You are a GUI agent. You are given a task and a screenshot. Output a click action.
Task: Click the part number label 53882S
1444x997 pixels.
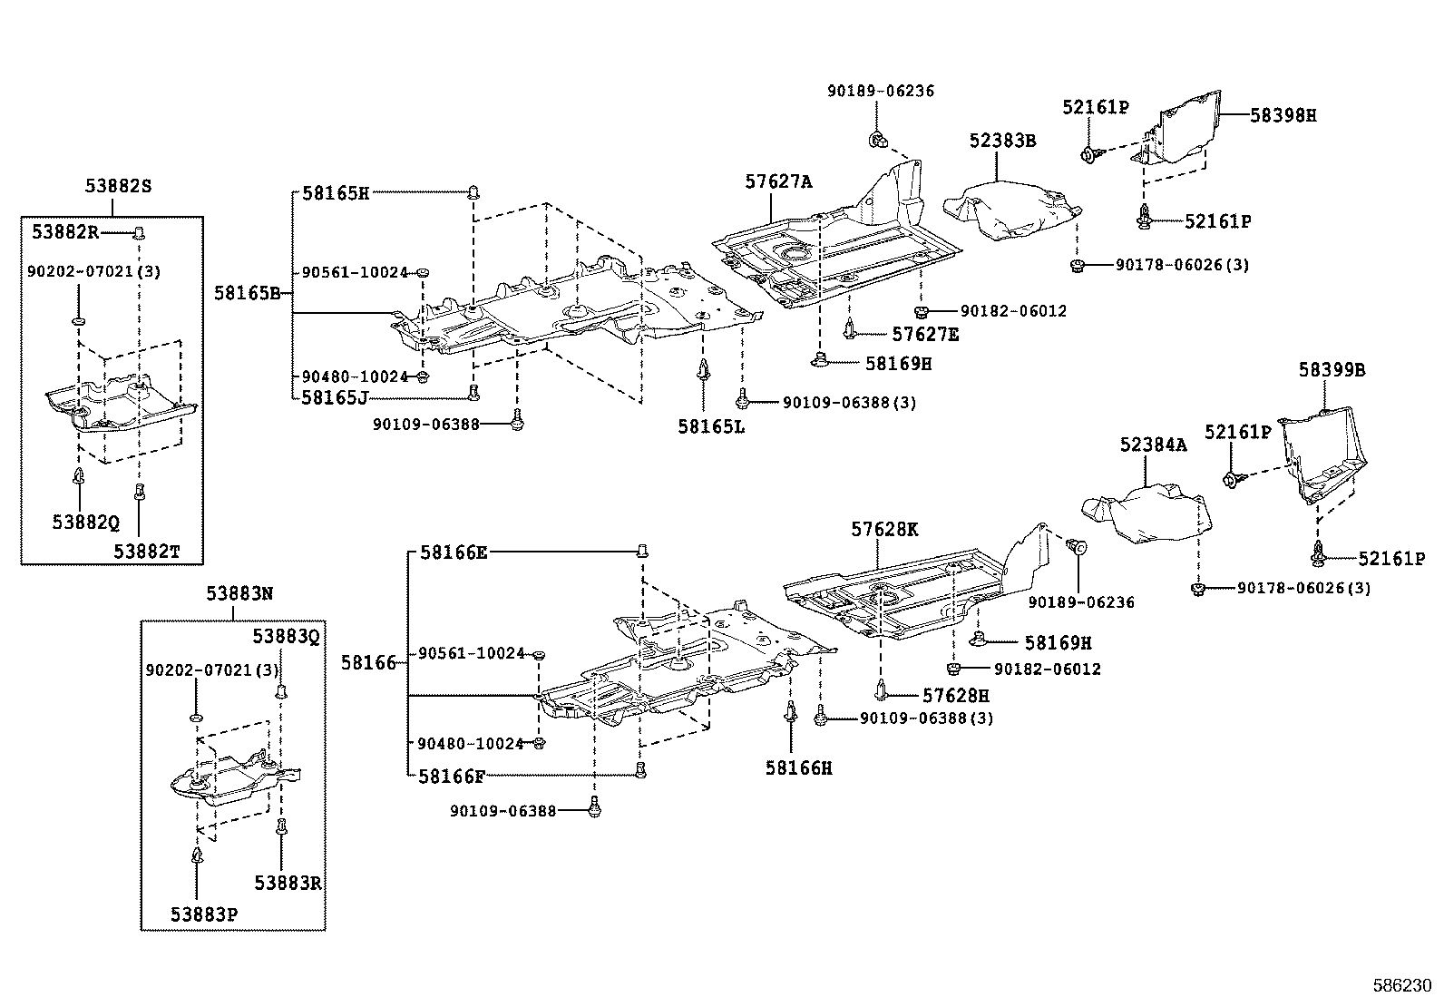118,186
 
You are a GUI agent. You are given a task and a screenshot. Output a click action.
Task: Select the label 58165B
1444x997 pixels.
248,293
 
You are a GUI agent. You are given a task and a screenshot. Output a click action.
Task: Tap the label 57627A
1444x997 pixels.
778,181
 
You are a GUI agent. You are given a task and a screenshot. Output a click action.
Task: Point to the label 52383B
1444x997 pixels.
1002,141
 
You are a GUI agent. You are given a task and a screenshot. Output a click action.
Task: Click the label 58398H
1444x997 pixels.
1283,115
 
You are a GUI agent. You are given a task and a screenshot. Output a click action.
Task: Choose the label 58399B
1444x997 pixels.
1332,370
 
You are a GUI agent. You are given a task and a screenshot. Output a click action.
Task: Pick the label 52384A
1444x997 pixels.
1153,445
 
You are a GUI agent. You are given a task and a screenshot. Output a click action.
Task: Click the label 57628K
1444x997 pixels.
884,529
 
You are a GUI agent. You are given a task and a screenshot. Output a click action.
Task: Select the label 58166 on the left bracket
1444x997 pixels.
368,663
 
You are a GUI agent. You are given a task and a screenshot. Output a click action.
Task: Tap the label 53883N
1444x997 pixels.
239,593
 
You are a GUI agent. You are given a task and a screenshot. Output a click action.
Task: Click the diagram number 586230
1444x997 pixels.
1400,984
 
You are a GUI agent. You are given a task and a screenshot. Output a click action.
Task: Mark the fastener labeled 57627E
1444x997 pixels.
849,328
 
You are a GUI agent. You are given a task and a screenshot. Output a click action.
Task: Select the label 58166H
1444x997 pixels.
798,767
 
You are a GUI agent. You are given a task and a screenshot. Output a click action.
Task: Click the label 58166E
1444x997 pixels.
453,552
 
